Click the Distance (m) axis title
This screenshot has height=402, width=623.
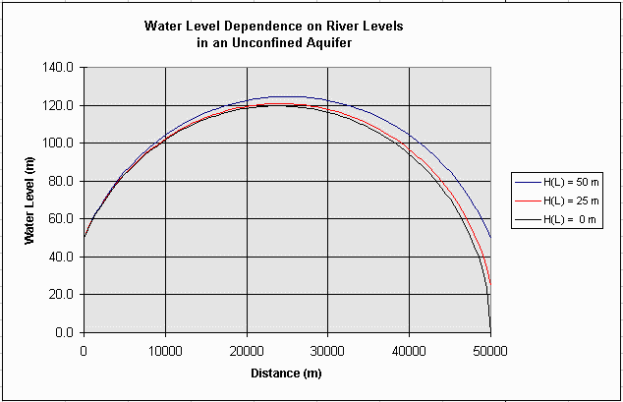(x=286, y=373)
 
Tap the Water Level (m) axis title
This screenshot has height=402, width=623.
(x=31, y=201)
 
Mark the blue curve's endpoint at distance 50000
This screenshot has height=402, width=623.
(x=490, y=238)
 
